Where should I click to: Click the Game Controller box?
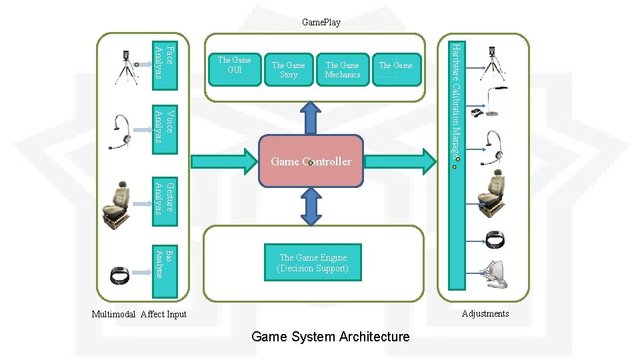click(x=311, y=161)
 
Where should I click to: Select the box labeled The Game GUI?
click(x=234, y=69)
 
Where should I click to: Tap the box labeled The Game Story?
click(x=288, y=69)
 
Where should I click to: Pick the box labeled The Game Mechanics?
click(x=342, y=69)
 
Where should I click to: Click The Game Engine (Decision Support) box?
click(x=313, y=263)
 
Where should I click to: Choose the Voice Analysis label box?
click(x=165, y=125)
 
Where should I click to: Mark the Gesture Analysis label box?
click(x=165, y=198)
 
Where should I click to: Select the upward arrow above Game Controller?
click(x=311, y=119)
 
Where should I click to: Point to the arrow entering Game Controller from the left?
click(x=223, y=161)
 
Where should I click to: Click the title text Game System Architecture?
click(x=330, y=337)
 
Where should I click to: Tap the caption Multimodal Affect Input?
click(x=139, y=314)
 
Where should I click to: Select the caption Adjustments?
click(x=485, y=313)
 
